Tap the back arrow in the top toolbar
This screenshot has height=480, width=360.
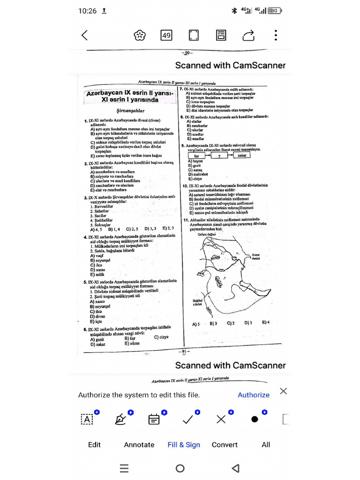pos(84,35)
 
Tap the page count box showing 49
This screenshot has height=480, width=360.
pos(166,35)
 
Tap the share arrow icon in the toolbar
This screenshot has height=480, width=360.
pos(248,35)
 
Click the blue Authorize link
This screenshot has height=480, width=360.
pos(254,395)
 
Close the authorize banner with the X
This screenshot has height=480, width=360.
pos(283,391)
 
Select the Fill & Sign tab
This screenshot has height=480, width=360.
pos(184,444)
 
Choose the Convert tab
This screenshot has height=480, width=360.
pos(225,444)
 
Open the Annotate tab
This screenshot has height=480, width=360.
pos(139,444)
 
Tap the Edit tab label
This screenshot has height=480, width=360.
pos(94,444)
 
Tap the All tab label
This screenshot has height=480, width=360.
pos(266,444)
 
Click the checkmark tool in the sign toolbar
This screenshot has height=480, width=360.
pos(188,419)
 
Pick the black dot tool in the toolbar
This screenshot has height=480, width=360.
pos(255,419)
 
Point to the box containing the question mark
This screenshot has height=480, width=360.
pos(218,155)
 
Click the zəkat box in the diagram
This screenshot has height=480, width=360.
pos(242,155)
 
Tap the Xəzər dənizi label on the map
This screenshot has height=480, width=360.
pos(256,256)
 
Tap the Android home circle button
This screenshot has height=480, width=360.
pos(180,468)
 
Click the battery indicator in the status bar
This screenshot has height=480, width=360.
pos(275,10)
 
